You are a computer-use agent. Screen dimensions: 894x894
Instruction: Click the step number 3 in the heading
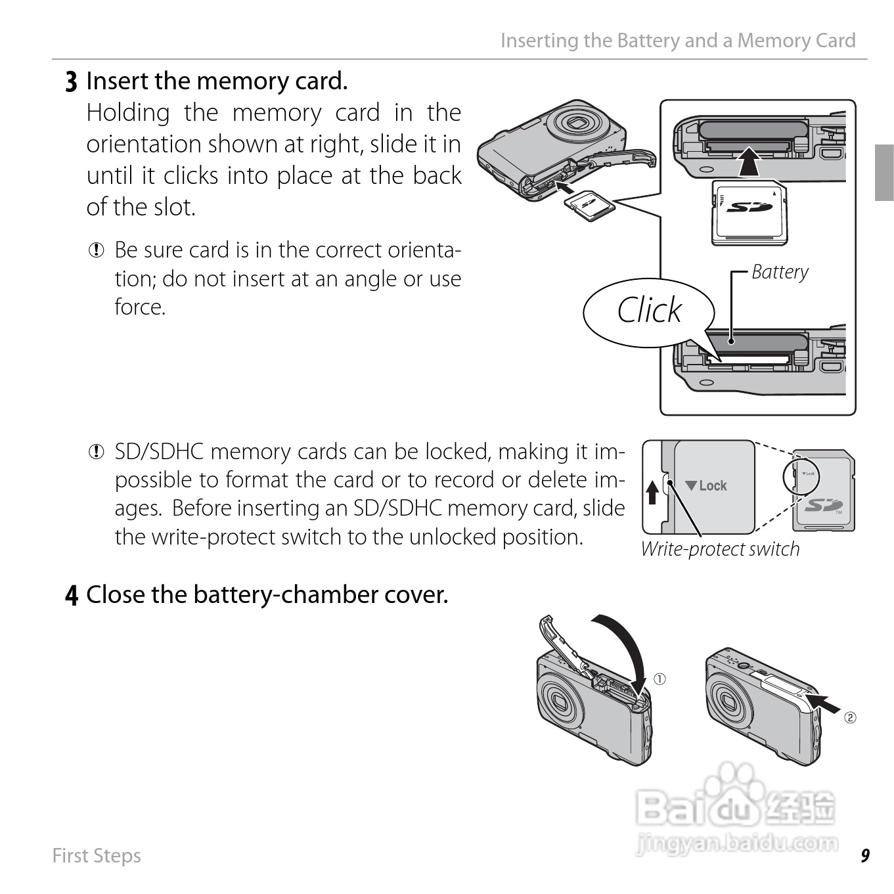(71, 82)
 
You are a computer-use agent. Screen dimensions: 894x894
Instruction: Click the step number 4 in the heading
(72, 595)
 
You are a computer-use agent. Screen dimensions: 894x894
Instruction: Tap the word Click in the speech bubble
(649, 310)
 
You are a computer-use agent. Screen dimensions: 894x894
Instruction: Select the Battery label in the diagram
(780, 273)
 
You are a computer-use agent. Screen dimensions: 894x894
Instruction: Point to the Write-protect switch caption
(720, 549)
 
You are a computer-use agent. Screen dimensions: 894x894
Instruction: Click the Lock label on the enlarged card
(705, 485)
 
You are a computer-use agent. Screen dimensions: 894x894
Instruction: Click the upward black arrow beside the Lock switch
(653, 492)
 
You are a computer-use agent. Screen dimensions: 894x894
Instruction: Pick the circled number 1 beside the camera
(659, 679)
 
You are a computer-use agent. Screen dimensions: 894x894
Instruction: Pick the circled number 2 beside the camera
(850, 718)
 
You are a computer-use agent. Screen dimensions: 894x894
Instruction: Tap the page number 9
(865, 855)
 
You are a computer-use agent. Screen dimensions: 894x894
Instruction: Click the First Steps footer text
(97, 856)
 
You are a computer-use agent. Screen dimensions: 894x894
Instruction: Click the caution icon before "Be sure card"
(96, 250)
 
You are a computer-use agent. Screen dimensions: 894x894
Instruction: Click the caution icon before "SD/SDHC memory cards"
(96, 452)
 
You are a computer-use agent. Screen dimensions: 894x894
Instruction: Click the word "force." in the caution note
(140, 307)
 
